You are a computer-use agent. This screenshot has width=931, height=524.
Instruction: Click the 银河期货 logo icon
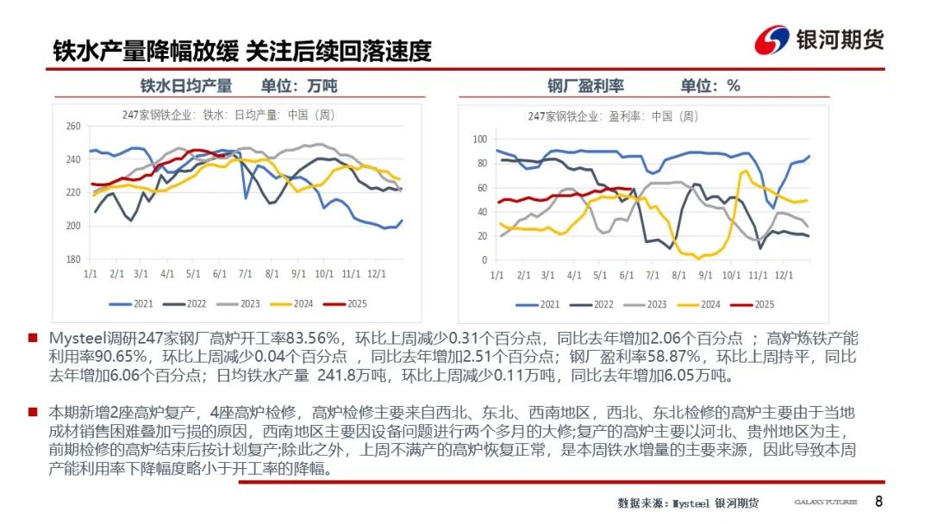coord(772,41)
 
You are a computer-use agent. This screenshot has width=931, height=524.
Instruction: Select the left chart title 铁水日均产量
coord(186,86)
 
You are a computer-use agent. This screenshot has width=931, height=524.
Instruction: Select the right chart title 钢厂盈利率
coord(585,86)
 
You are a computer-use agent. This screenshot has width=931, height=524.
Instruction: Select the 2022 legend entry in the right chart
coord(594,304)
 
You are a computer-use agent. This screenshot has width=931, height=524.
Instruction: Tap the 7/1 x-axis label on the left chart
coord(244,274)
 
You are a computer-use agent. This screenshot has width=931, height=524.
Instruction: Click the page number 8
coord(878,502)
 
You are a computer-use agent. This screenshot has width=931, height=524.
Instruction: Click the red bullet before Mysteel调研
coord(32,339)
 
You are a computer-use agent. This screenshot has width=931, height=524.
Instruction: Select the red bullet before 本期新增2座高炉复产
coord(32,413)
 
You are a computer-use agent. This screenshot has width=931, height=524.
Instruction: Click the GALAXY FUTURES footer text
coord(825,503)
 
